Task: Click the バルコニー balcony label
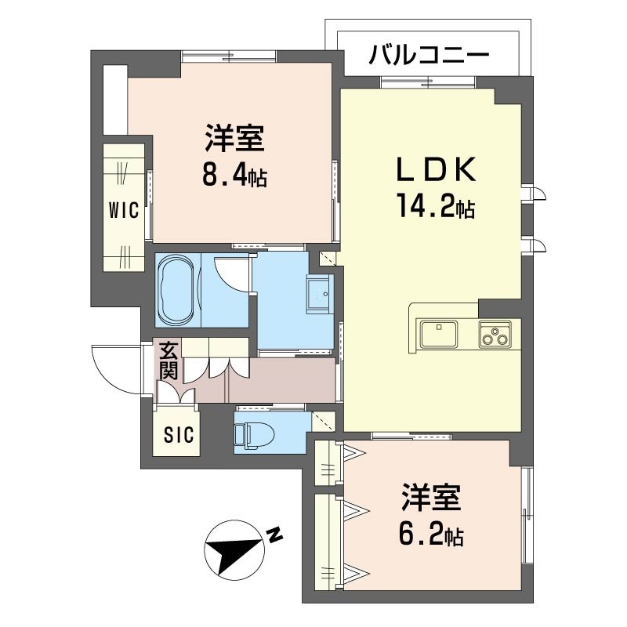coord(429,54)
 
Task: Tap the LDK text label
coord(436,169)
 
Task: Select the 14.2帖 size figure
coord(436,205)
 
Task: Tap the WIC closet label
coord(124,209)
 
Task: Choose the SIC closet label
coord(179,435)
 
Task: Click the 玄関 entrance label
coord(169,361)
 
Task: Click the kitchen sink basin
coord(439,334)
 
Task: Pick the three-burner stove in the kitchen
coord(495,334)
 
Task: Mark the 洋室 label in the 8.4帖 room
coord(234,138)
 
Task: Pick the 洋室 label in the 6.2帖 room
coord(432,498)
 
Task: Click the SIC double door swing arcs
coord(176,393)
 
